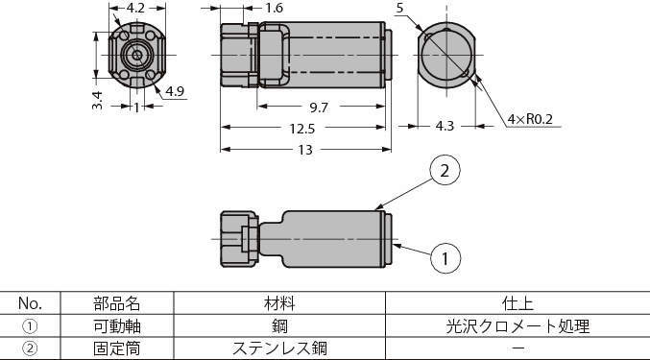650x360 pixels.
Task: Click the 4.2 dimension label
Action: [x=135, y=9]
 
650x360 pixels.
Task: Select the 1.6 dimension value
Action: [x=274, y=8]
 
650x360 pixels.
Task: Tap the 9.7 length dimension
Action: [x=319, y=108]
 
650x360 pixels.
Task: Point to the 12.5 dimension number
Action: [x=302, y=129]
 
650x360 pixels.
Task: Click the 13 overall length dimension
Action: [x=305, y=150]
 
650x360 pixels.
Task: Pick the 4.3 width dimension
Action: [x=445, y=126]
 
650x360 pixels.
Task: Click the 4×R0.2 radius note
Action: [x=530, y=119]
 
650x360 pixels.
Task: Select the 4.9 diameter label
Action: [x=175, y=91]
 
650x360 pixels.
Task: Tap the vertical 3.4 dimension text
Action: [x=97, y=100]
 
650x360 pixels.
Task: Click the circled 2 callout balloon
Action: [x=445, y=170]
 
